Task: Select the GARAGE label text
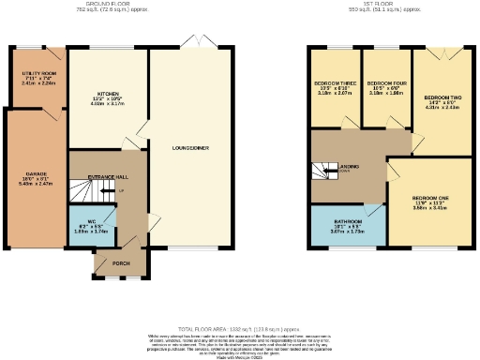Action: coord(36,174)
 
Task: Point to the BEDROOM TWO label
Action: coord(440,97)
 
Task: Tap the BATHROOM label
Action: coord(347,222)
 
